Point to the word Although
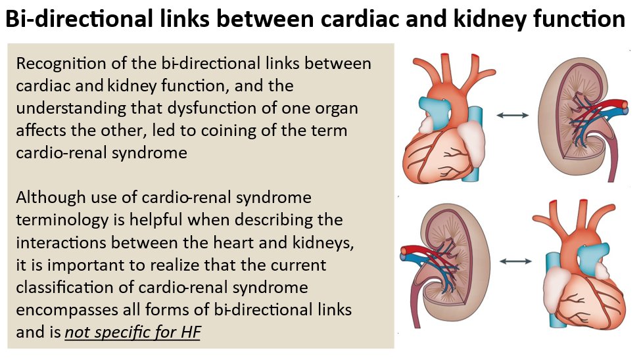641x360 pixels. pyautogui.click(x=47, y=197)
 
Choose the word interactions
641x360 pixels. pyautogui.click(x=59, y=242)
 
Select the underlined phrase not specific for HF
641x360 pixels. pyautogui.click(x=132, y=332)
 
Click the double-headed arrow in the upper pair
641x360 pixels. pyautogui.click(x=512, y=115)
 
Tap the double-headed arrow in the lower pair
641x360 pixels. pyautogui.click(x=515, y=261)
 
